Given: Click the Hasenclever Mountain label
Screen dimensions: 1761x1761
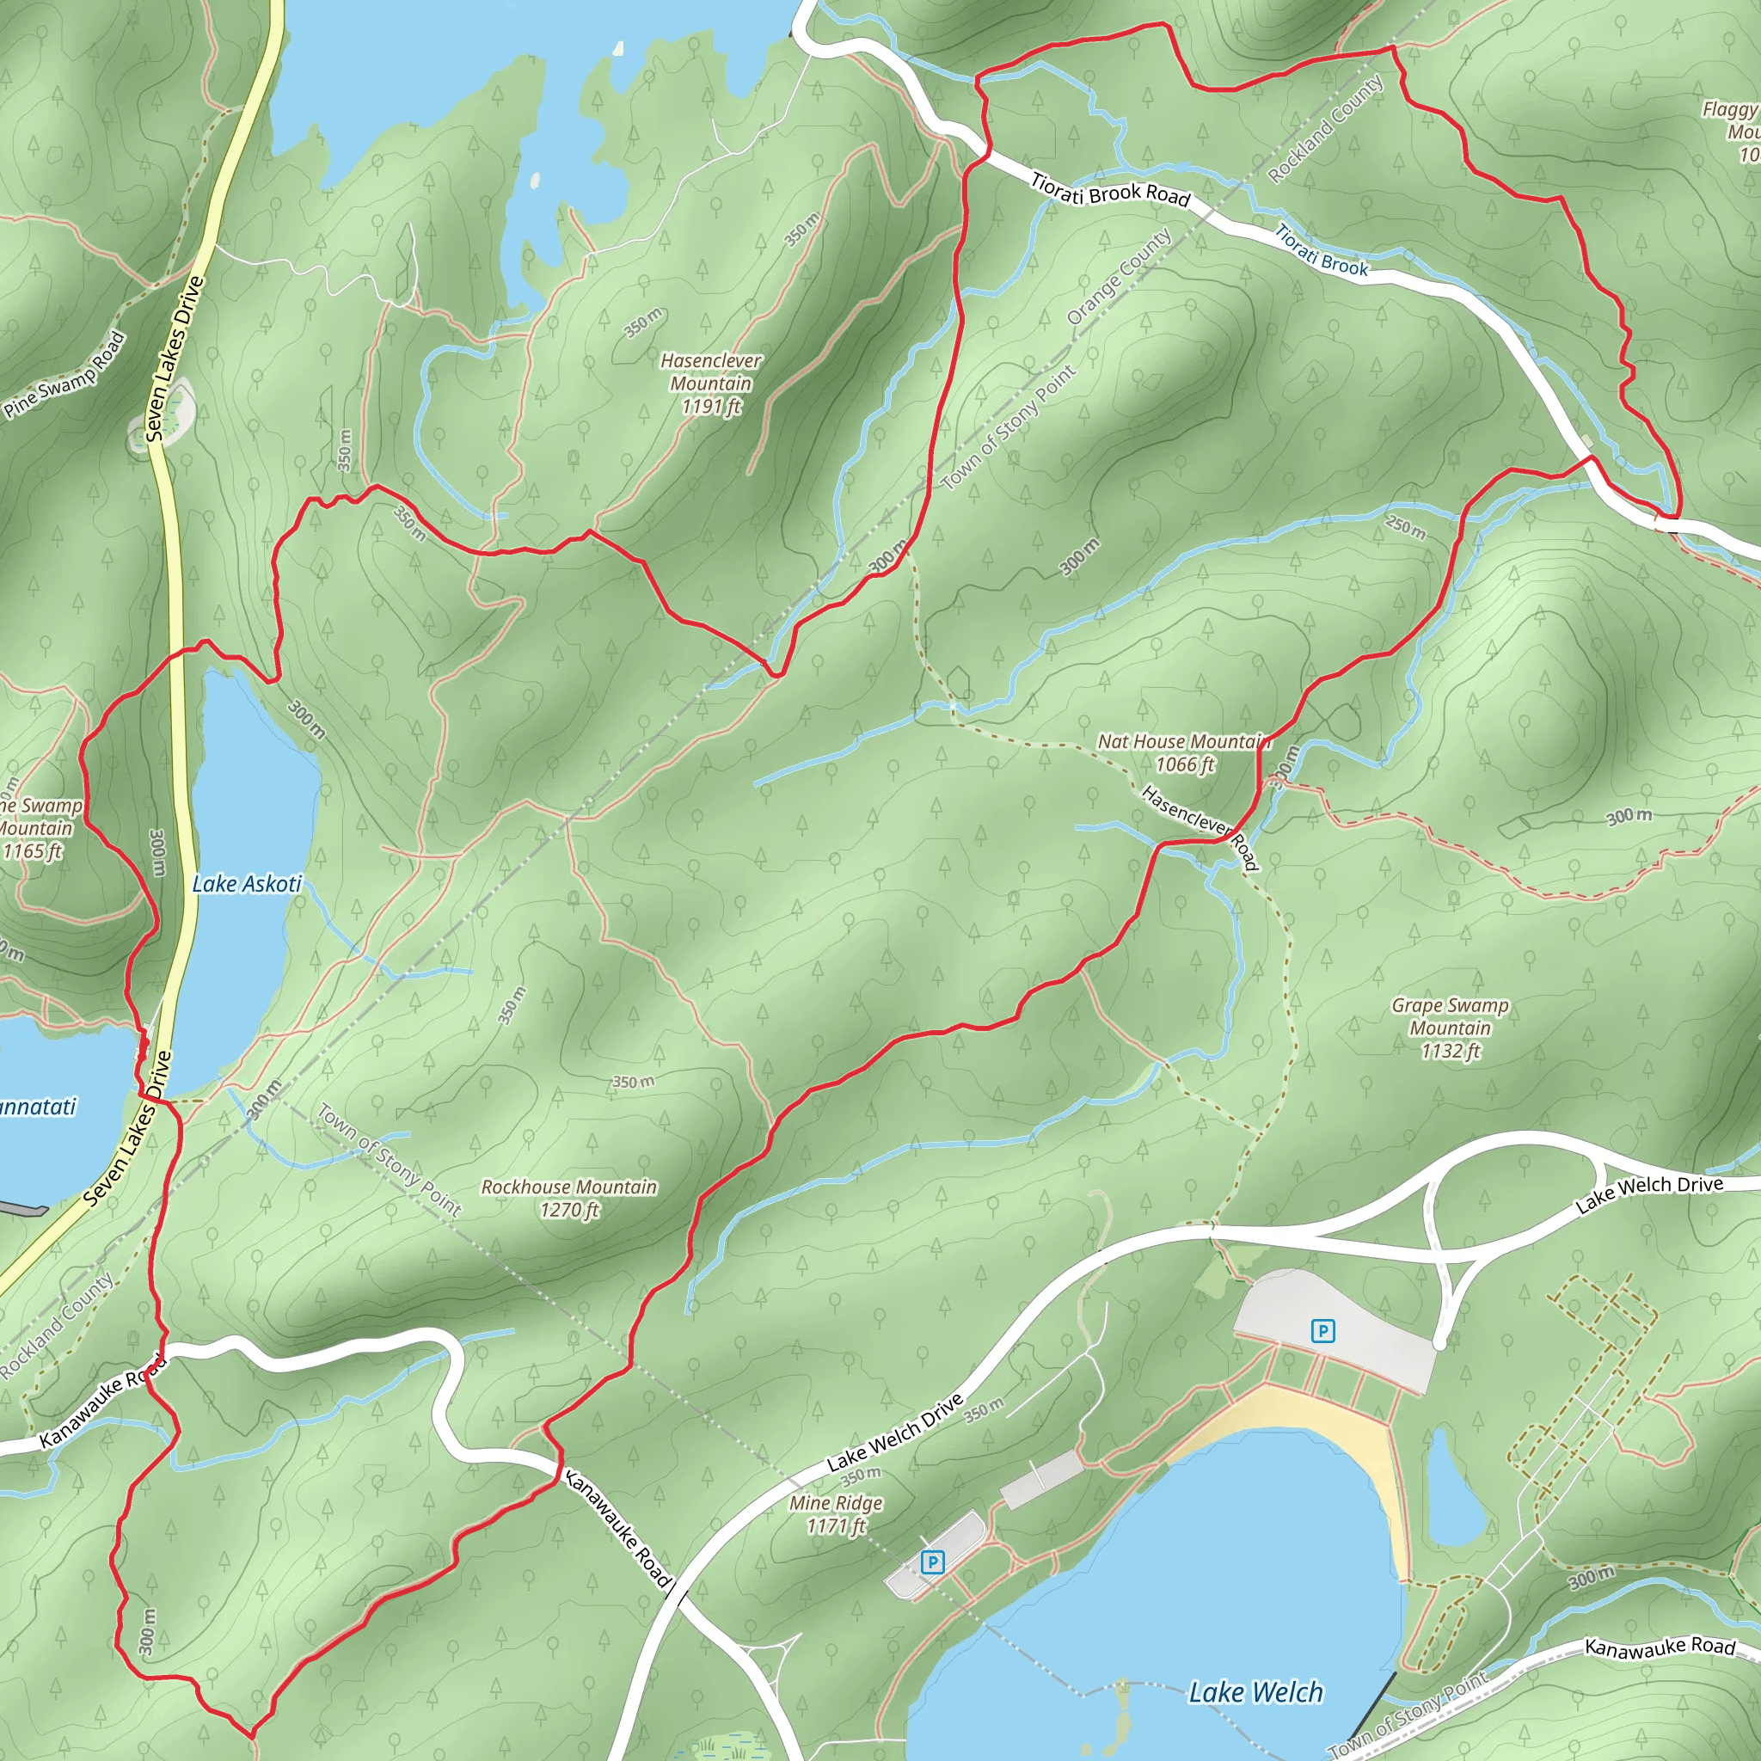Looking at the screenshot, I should point(710,383).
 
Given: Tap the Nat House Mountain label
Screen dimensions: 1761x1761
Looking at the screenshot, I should point(1183,753).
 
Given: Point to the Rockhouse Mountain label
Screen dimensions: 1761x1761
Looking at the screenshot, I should point(568,1198).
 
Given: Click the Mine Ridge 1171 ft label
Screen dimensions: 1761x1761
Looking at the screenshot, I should point(835,1514).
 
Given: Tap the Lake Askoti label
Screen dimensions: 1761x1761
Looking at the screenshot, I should point(246,883).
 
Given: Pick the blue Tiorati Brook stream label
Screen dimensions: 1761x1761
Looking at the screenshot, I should point(1321,251).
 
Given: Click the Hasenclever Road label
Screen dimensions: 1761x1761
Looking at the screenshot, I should point(1200,826).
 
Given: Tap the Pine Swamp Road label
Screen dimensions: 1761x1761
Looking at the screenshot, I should point(64,375).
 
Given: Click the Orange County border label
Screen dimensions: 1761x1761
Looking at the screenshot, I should point(1119,277).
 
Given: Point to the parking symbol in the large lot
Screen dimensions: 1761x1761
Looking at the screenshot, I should point(1322,1331).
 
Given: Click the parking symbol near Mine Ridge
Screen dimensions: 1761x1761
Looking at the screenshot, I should point(930,1562).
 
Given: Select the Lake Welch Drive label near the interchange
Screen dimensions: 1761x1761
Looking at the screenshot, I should point(1649,1195).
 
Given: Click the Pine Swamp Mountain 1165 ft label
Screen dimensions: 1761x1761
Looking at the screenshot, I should point(36,829).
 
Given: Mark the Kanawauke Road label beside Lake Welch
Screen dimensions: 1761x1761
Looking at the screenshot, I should point(1659,1646).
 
